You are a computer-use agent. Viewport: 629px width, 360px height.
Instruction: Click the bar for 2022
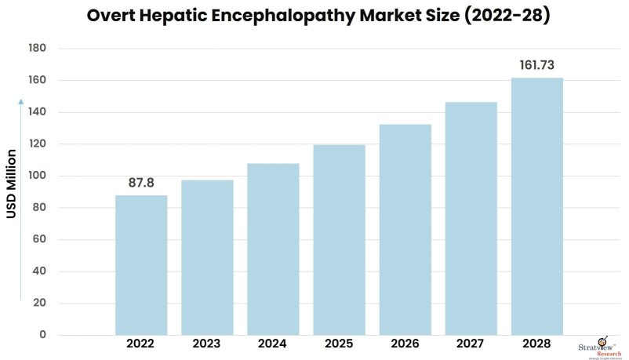click(141, 265)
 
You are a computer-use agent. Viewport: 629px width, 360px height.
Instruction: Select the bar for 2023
click(207, 257)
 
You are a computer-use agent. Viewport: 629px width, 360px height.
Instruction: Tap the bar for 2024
click(273, 249)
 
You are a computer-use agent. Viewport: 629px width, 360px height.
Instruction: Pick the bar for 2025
click(339, 240)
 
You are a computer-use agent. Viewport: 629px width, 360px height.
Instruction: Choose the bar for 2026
click(405, 230)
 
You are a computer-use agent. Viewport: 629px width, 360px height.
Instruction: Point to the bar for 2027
click(471, 219)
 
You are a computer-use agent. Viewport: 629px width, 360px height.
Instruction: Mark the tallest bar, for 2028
click(536, 206)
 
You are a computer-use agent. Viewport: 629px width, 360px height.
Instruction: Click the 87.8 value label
click(141, 182)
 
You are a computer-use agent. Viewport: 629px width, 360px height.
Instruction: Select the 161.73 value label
click(536, 64)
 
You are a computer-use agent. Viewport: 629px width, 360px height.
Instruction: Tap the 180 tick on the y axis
click(37, 49)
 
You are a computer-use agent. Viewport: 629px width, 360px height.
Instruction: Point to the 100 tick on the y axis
click(37, 176)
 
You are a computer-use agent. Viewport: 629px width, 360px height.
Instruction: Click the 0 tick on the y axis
click(42, 336)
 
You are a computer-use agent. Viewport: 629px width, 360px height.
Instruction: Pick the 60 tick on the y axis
click(39, 240)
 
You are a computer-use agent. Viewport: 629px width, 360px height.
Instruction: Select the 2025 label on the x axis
click(339, 344)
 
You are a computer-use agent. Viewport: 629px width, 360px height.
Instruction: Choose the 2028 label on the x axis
click(536, 344)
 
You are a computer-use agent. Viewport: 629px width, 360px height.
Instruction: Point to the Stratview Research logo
click(603, 345)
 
